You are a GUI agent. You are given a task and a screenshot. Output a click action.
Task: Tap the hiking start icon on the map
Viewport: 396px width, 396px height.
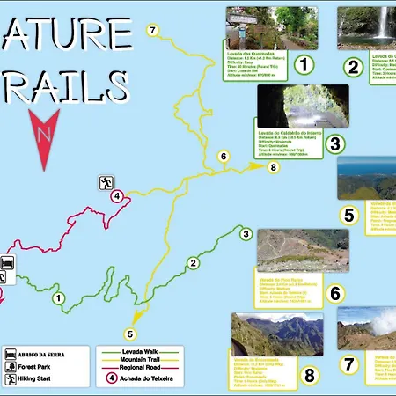[106, 183]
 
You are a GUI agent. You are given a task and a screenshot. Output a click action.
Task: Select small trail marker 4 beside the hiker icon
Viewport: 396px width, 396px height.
[117, 197]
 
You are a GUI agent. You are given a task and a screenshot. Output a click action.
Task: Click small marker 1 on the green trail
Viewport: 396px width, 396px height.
[58, 298]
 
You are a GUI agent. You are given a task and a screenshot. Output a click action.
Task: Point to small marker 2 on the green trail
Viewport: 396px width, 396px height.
[192, 262]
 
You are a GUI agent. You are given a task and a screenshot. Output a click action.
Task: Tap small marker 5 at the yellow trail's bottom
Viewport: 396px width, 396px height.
[130, 334]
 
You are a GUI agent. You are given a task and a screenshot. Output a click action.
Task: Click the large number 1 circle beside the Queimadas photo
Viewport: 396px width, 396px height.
[304, 65]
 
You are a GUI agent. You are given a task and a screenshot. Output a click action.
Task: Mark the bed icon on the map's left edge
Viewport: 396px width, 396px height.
[7, 262]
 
